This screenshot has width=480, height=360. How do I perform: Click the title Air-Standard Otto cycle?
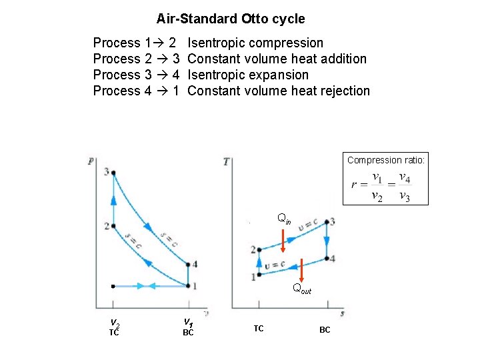coord(231,19)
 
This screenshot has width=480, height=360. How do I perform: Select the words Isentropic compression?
coord(255,43)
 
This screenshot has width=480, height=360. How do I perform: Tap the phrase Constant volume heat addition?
coord(277,59)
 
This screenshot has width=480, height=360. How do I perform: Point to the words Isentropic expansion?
coord(248,75)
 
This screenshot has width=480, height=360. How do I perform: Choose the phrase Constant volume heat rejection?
coord(279,91)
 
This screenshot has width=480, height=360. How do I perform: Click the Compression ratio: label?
coord(385,160)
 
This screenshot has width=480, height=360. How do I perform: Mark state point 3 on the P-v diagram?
coord(113,173)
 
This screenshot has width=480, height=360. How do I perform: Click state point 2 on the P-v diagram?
coord(113,226)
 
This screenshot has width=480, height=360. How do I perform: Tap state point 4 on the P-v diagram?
coord(188,265)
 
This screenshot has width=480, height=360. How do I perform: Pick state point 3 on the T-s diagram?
coord(327,222)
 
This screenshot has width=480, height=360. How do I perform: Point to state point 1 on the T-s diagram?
coord(259,275)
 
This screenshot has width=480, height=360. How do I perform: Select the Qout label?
coord(302,289)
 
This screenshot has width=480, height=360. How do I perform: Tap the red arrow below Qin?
coord(283,241)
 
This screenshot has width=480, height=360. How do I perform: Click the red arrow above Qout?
coord(301,269)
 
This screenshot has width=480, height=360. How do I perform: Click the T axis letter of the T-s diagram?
coord(227,161)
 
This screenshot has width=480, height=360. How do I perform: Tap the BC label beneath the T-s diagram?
coord(325,330)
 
